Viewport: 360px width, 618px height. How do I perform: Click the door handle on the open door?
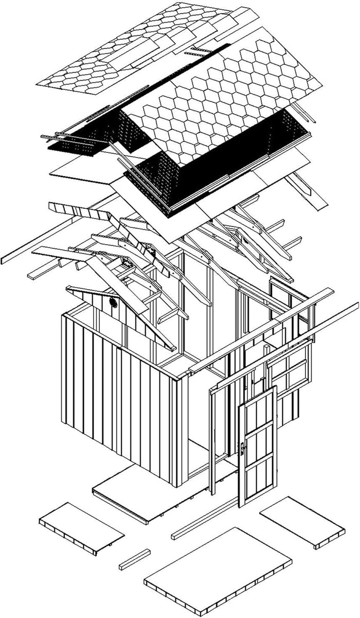(x=242, y=448)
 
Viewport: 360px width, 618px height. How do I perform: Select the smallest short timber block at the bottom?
(x=135, y=559)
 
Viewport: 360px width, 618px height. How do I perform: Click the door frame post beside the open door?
(x=211, y=443)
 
